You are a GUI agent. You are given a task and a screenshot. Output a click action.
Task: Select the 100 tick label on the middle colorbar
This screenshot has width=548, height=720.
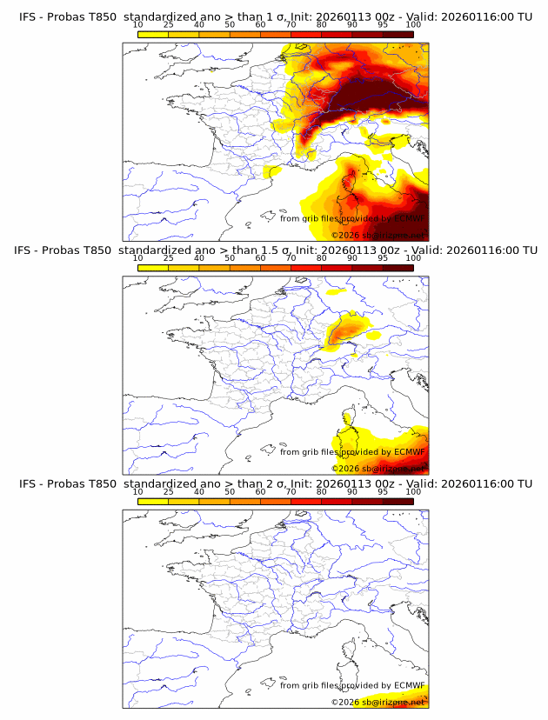(413, 259)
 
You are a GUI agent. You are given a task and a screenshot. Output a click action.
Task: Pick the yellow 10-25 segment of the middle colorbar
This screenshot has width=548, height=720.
(153, 268)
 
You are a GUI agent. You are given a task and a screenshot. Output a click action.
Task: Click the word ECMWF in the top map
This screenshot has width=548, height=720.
(409, 219)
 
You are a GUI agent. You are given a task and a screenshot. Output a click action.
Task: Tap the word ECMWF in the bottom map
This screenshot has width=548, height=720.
(409, 686)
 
